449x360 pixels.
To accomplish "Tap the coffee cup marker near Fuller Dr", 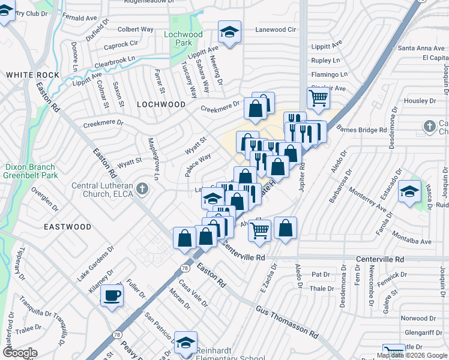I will [112, 296].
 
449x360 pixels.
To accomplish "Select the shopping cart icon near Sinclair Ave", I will [318, 97].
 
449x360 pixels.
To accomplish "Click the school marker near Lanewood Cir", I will [228, 33].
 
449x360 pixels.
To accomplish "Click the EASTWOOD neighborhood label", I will [67, 227].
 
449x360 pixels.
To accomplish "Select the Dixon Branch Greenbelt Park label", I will [29, 171].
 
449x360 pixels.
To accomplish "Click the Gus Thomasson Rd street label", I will [286, 320].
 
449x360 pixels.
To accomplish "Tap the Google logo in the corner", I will [20, 353].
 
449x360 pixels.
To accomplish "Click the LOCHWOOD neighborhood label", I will [161, 104].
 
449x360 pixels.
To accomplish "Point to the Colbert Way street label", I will [136, 29].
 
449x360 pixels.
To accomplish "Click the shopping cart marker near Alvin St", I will [259, 229].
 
